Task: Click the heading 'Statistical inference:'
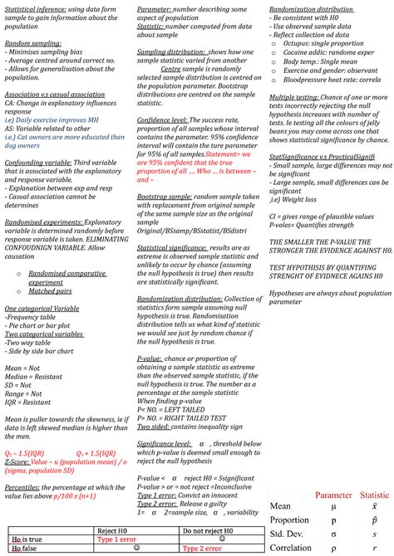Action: pos(34,7)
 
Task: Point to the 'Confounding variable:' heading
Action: pos(37,162)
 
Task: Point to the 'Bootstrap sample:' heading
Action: pos(164,195)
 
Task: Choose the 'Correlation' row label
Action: pos(292,547)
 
